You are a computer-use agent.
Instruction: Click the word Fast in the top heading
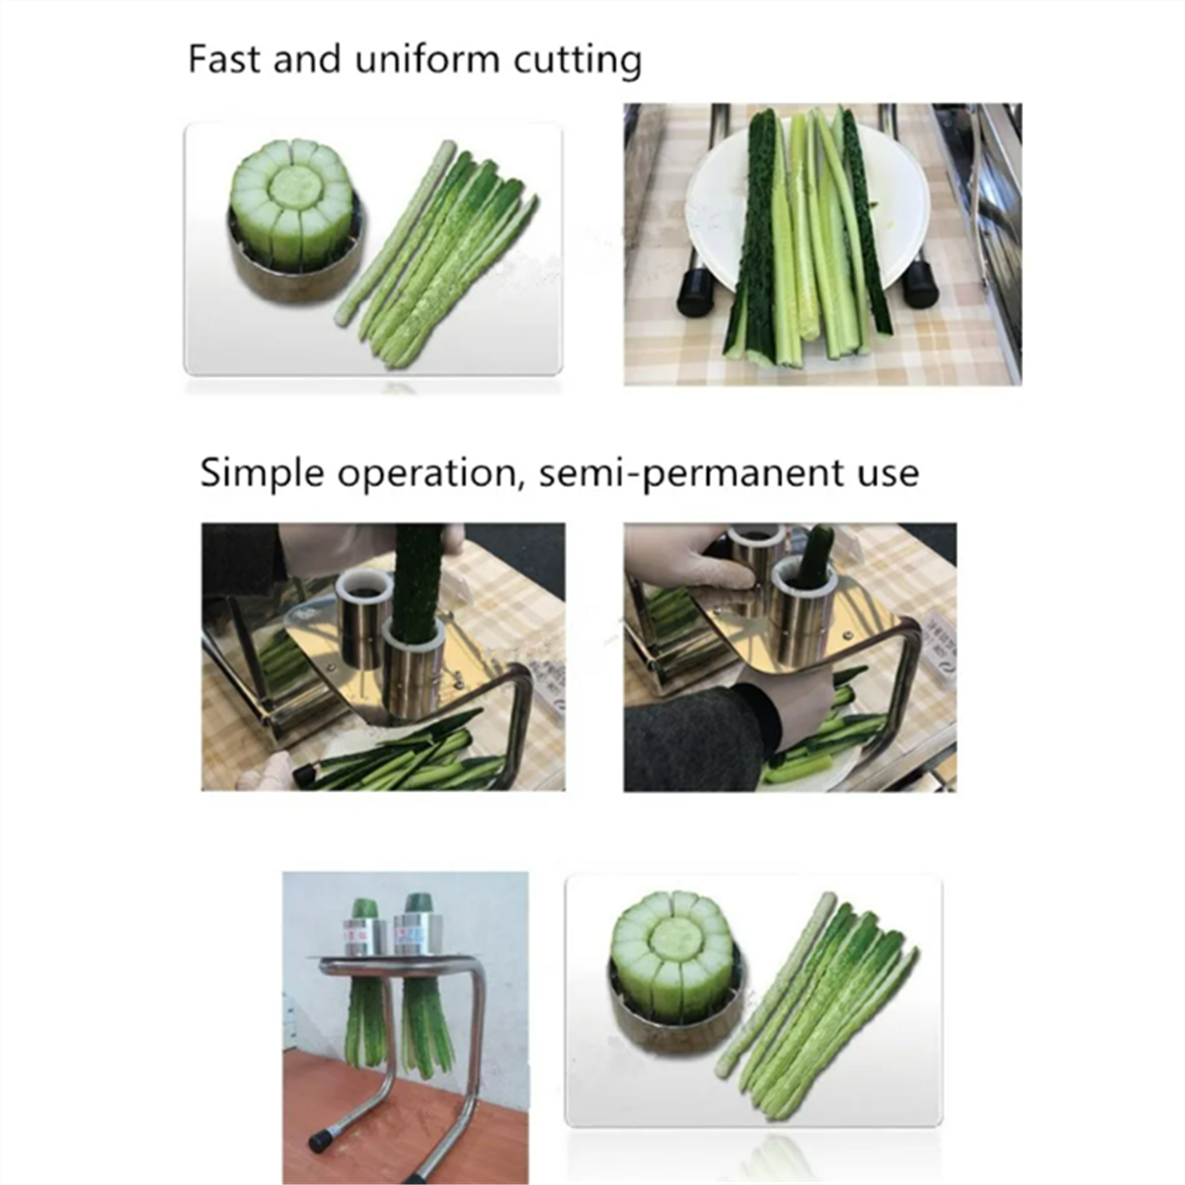pos(223,59)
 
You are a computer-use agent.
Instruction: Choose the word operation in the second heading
pos(428,474)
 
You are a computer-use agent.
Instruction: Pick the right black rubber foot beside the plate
pos(920,285)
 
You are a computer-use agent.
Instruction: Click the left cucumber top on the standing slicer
pos(365,908)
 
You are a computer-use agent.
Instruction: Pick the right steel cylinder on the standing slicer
pos(420,933)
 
